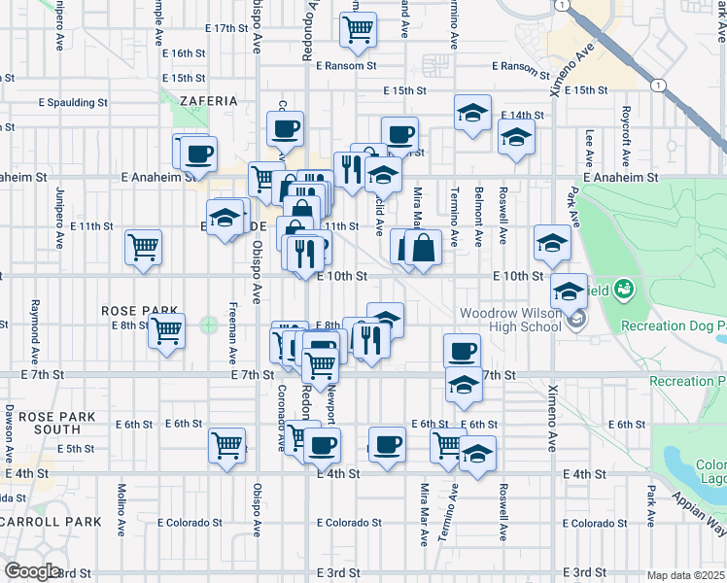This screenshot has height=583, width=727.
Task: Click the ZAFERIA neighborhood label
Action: point(208,100)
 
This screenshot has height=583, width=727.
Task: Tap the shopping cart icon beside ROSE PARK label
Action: point(166,329)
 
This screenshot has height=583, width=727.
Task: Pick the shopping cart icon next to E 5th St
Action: point(227,446)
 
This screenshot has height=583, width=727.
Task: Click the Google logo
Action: point(33,571)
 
